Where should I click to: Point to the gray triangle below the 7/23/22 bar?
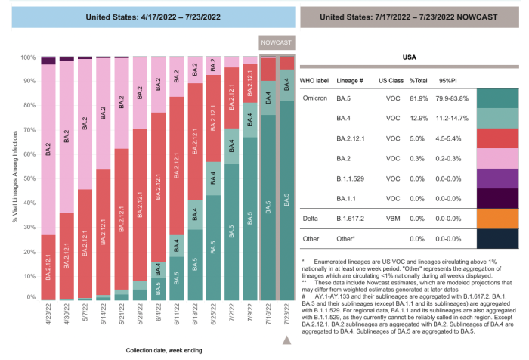[286, 341]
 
